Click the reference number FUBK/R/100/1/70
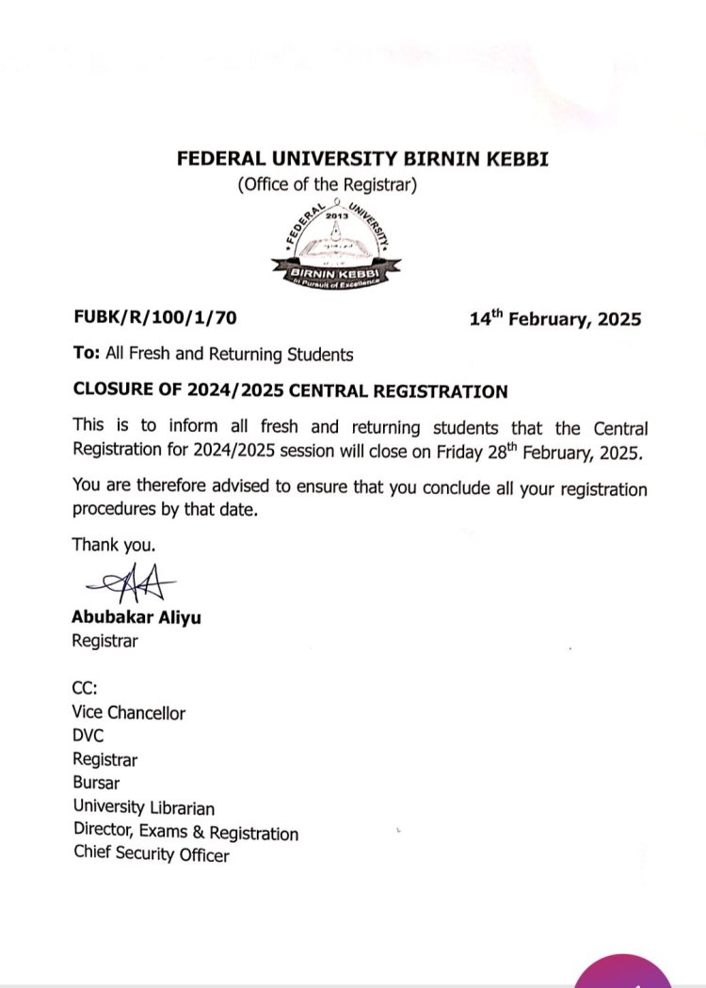[x=154, y=317]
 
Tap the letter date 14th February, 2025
[x=555, y=319]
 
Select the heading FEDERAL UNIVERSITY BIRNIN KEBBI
[x=362, y=159]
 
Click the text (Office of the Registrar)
[x=326, y=185]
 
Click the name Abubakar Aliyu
[x=136, y=618]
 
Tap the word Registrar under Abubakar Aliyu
[x=104, y=641]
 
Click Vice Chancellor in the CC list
[x=128, y=712]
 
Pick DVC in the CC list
[x=88, y=736]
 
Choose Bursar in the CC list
[x=96, y=782]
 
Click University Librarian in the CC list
[x=143, y=807]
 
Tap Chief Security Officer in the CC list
[x=151, y=854]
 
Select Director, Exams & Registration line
[x=185, y=832]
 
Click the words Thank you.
[x=114, y=544]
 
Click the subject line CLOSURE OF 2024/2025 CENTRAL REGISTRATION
[x=290, y=391]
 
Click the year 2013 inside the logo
[x=336, y=215]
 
